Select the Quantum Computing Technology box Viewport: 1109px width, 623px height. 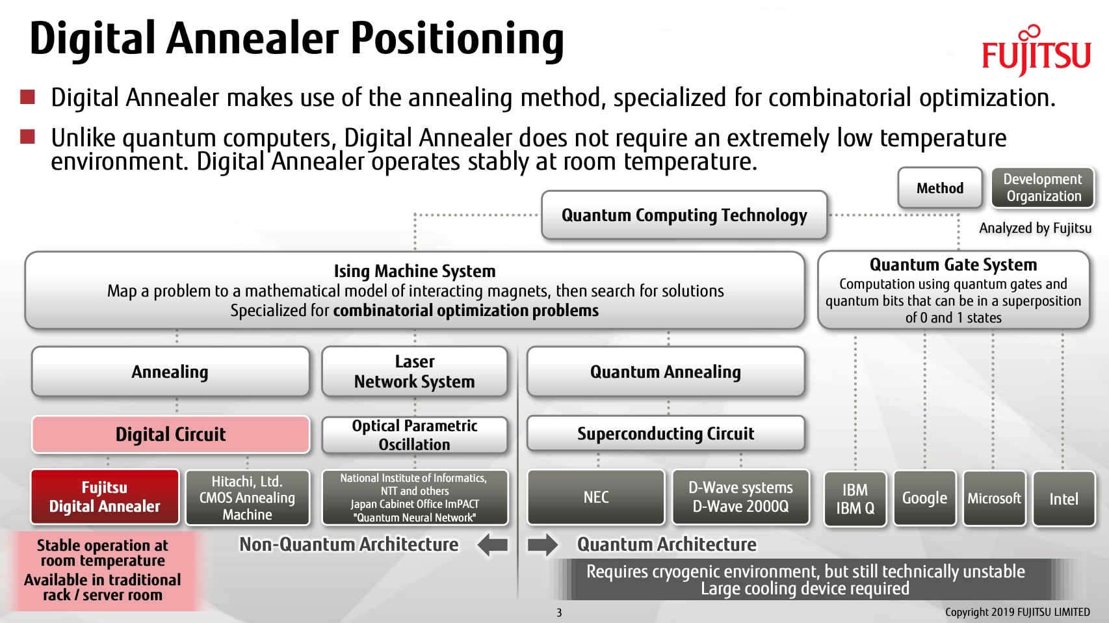click(x=684, y=215)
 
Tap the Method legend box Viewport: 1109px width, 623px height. click(x=939, y=188)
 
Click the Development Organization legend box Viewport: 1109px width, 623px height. click(x=1043, y=188)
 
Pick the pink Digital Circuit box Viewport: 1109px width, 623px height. click(x=170, y=434)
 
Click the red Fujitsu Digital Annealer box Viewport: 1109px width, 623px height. click(x=105, y=497)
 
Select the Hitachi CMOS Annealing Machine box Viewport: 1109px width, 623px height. click(x=247, y=497)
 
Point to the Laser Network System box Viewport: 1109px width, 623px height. click(x=415, y=371)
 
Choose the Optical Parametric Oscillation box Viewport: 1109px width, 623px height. click(x=415, y=435)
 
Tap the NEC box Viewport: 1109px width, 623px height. click(x=596, y=497)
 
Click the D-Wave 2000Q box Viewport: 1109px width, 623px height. click(x=740, y=497)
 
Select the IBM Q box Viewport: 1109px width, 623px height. click(x=855, y=499)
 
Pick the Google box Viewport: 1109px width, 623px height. click(x=924, y=499)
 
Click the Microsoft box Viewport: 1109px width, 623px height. click(x=994, y=499)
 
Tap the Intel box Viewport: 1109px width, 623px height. click(x=1063, y=499)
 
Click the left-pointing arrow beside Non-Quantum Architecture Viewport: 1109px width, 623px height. click(x=493, y=545)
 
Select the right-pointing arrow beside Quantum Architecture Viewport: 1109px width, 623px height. click(x=542, y=545)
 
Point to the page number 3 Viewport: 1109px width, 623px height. click(x=559, y=613)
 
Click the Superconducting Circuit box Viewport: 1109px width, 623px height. click(x=666, y=434)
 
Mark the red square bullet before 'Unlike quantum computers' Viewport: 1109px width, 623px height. click(x=27, y=137)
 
